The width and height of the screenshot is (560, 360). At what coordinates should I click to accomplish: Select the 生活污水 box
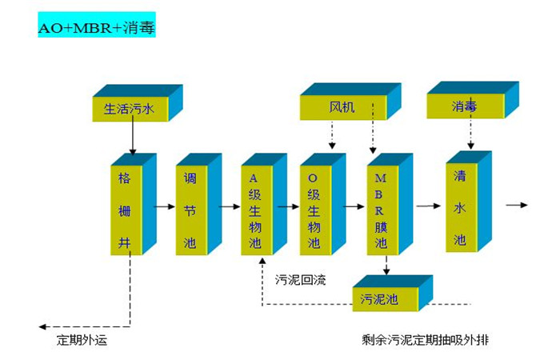(x=129, y=108)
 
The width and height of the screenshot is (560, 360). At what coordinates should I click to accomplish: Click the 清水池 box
(x=459, y=206)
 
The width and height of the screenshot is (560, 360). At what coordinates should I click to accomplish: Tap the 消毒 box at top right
(x=463, y=106)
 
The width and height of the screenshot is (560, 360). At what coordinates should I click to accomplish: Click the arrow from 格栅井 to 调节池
(x=164, y=206)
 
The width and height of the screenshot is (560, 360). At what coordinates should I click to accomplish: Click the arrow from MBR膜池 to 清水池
(x=428, y=206)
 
